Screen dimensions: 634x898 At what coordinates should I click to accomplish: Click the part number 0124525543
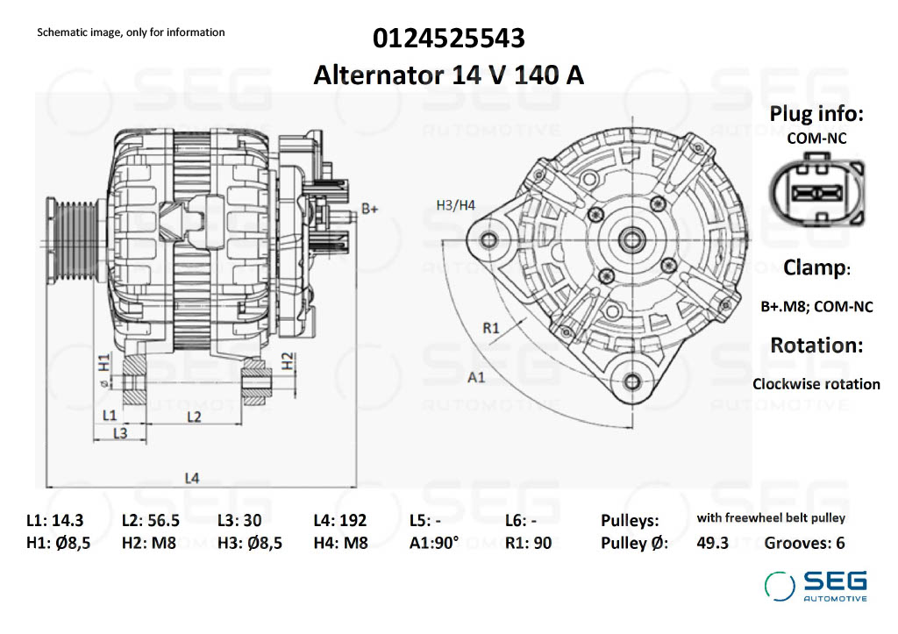click(449, 39)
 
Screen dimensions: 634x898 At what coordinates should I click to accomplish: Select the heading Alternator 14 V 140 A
click(449, 75)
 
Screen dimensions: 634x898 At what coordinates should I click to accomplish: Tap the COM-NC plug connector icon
click(816, 193)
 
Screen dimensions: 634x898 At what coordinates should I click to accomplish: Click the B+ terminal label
click(370, 210)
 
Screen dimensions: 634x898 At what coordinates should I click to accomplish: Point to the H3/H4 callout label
click(455, 205)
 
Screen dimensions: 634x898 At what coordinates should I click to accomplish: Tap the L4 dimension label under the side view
click(191, 478)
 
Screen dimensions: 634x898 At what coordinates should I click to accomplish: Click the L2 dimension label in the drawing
click(194, 416)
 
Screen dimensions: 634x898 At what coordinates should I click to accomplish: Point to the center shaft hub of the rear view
click(631, 238)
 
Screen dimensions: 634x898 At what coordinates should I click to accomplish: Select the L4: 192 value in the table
click(339, 520)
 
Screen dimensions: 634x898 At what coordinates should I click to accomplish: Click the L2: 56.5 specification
click(151, 520)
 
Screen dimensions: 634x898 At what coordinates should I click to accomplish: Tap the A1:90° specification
click(434, 543)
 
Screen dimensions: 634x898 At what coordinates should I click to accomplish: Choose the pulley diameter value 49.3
click(712, 543)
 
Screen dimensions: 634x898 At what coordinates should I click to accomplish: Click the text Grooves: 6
click(804, 543)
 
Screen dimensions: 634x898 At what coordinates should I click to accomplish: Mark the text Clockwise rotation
click(816, 384)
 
